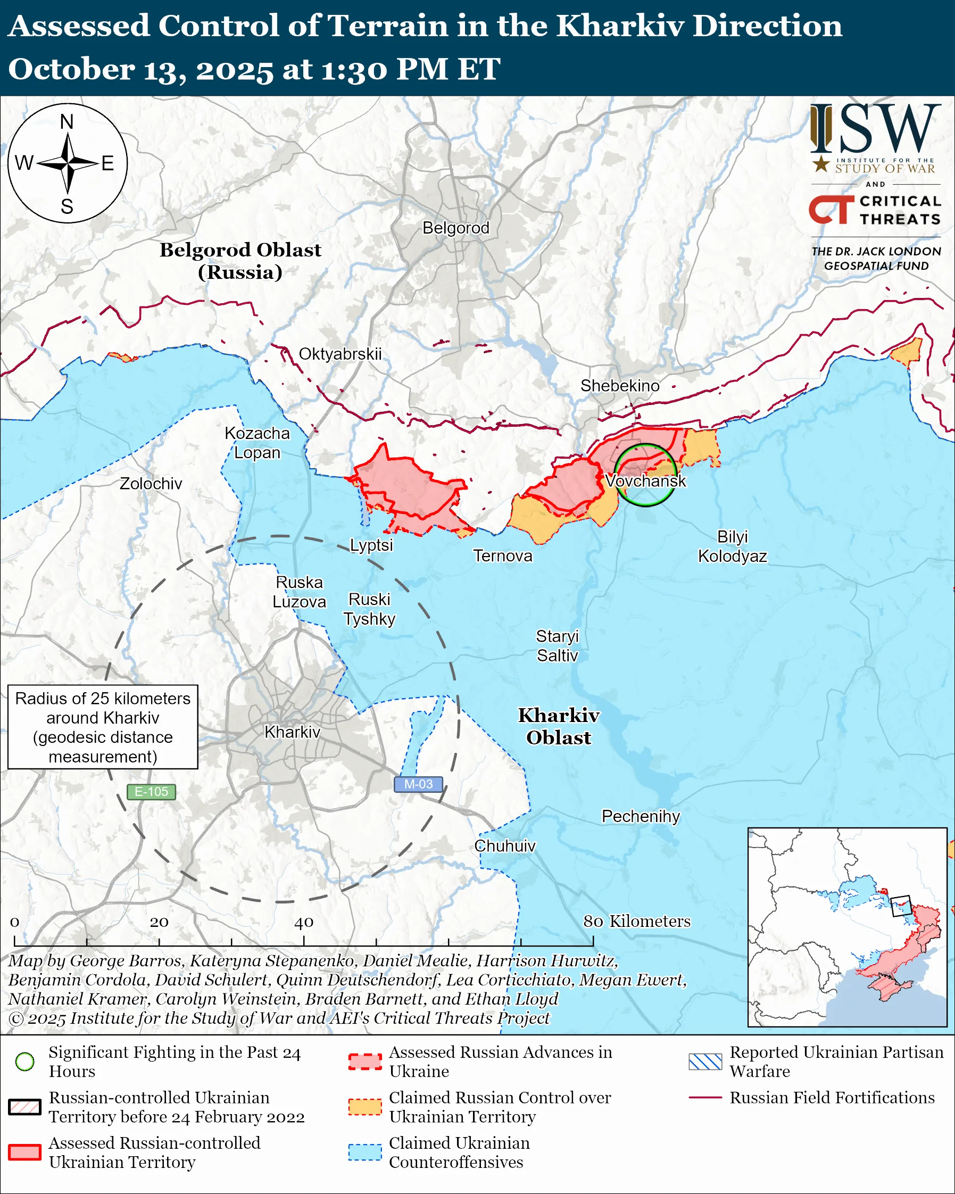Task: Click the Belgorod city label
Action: (x=455, y=228)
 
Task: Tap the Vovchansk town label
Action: (x=645, y=480)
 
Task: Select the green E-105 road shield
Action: (x=151, y=791)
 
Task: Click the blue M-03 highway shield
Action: (x=418, y=784)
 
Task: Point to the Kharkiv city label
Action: (x=292, y=732)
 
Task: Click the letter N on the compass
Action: (x=67, y=122)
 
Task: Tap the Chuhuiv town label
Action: (x=505, y=845)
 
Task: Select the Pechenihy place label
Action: (x=641, y=816)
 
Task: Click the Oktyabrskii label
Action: (x=340, y=354)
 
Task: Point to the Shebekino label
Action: (x=619, y=385)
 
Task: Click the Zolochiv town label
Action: (x=151, y=484)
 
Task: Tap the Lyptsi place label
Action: (x=371, y=545)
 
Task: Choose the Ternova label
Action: (x=502, y=555)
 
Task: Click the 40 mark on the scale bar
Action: (x=303, y=923)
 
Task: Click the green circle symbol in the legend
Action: (x=25, y=1062)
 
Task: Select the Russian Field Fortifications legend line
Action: (x=705, y=1097)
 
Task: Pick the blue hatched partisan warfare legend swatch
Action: (x=705, y=1062)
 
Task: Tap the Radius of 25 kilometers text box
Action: (x=103, y=727)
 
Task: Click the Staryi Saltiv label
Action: (x=557, y=646)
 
